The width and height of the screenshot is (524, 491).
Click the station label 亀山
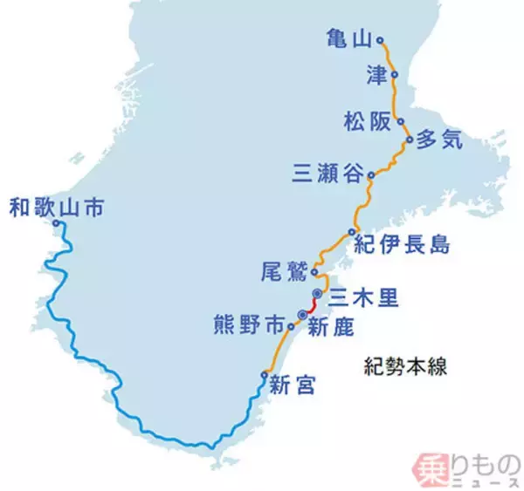pyautogui.click(x=347, y=39)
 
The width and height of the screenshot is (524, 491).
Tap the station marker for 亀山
pyautogui.click(x=379, y=39)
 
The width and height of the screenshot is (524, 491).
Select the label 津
pyautogui.click(x=376, y=75)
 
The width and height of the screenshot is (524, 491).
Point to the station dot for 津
pyautogui.click(x=395, y=75)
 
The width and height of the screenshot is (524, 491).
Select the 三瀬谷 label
pyautogui.click(x=328, y=175)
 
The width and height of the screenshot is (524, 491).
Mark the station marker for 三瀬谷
pyautogui.click(x=370, y=175)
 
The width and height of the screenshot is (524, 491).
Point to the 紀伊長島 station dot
pyautogui.click(x=351, y=232)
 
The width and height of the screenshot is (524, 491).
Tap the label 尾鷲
pyautogui.click(x=283, y=271)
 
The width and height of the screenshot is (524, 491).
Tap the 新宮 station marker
pyautogui.click(x=264, y=375)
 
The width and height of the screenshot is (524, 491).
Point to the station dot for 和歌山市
pyautogui.click(x=56, y=224)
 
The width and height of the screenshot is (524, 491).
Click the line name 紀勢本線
pyautogui.click(x=405, y=367)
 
